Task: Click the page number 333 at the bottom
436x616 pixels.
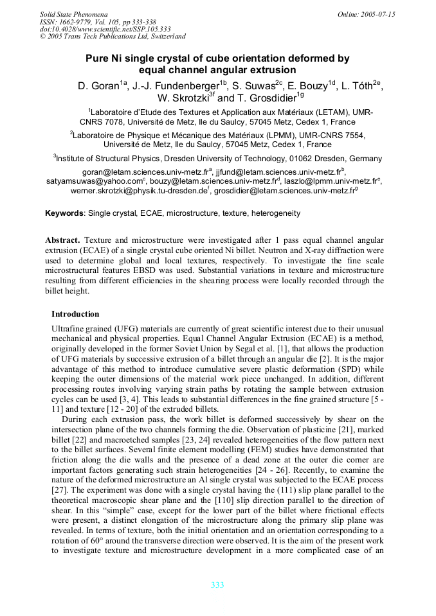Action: tap(217, 585)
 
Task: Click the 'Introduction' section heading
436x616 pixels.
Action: tap(75, 314)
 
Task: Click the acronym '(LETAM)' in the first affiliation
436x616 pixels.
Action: tap(318, 112)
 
